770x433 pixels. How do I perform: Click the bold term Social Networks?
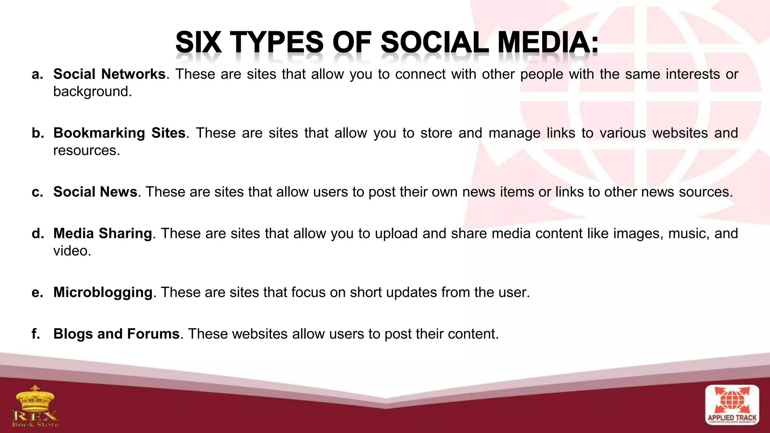pos(109,74)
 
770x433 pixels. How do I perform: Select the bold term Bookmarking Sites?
pos(119,133)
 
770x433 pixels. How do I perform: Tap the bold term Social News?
pos(95,192)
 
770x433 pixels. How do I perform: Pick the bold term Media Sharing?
pos(102,234)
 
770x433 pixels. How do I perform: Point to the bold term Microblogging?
pos(103,292)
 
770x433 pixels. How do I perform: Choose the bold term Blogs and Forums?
pos(116,334)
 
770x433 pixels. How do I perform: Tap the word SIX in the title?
pos(198,42)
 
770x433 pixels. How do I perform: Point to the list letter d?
pos(37,234)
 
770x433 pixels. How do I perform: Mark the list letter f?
pos(36,334)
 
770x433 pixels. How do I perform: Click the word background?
pos(92,92)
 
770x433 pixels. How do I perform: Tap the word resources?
pos(86,150)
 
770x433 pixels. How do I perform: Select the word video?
pos(72,251)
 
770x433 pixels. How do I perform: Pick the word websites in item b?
pos(680,133)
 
